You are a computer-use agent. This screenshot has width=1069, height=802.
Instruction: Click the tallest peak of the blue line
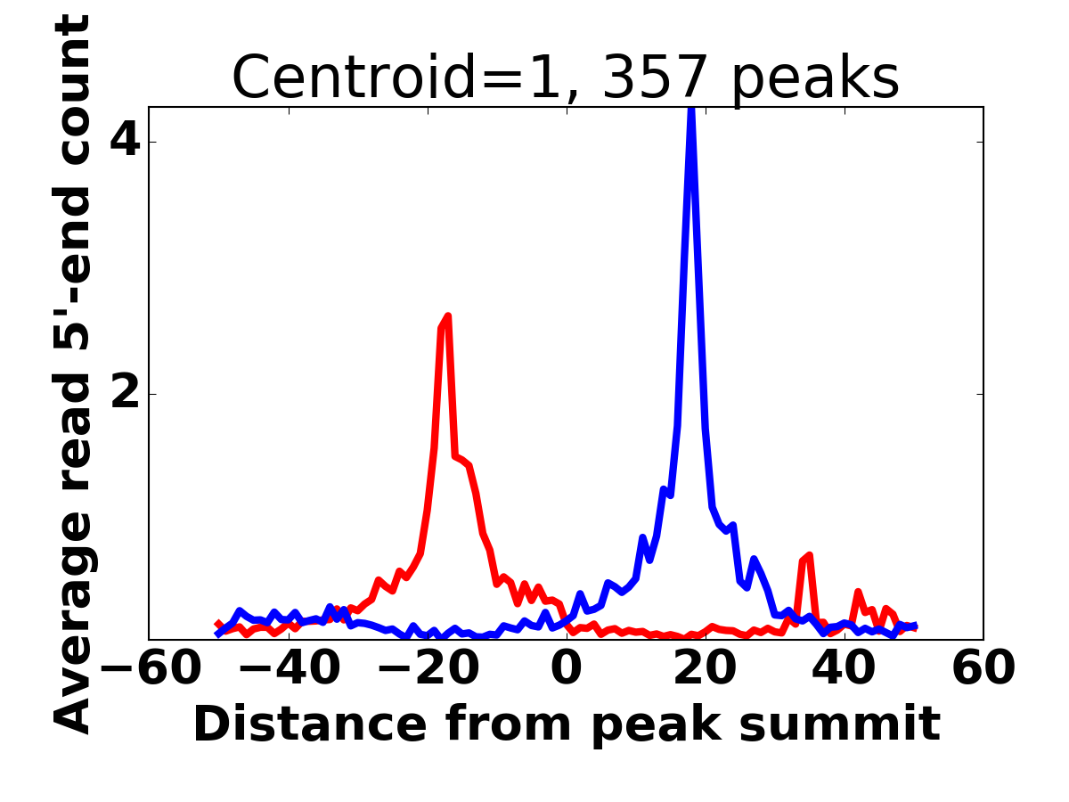tap(690, 112)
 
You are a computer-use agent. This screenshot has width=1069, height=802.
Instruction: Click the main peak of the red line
tap(447, 316)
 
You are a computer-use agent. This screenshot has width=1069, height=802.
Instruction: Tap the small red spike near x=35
tap(808, 556)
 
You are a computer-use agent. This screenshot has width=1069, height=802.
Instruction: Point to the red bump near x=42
tap(857, 592)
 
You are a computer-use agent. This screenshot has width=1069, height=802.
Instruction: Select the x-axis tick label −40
tap(290, 668)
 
